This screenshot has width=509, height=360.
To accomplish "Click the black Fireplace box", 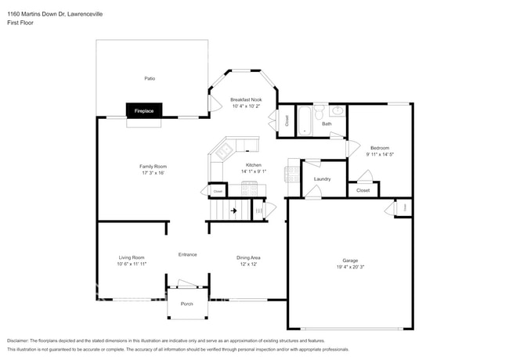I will [x=144, y=111].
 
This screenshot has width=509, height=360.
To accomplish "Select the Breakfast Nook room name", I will [x=246, y=99].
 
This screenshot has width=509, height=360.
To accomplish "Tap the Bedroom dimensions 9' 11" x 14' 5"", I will [x=380, y=154].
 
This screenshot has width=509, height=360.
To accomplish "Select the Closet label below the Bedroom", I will [x=363, y=190].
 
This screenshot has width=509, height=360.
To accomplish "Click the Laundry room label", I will [x=322, y=179].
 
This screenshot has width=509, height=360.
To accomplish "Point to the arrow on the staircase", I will [x=233, y=211].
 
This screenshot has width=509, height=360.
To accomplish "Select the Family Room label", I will [x=153, y=166].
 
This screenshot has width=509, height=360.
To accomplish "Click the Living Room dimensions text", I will [x=132, y=264].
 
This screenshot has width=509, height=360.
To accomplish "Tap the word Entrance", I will [x=187, y=254].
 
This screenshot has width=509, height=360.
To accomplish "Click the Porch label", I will [x=187, y=304].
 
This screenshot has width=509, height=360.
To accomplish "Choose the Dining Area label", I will [x=248, y=257].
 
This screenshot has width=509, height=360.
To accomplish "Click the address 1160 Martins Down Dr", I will [x=47, y=14].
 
